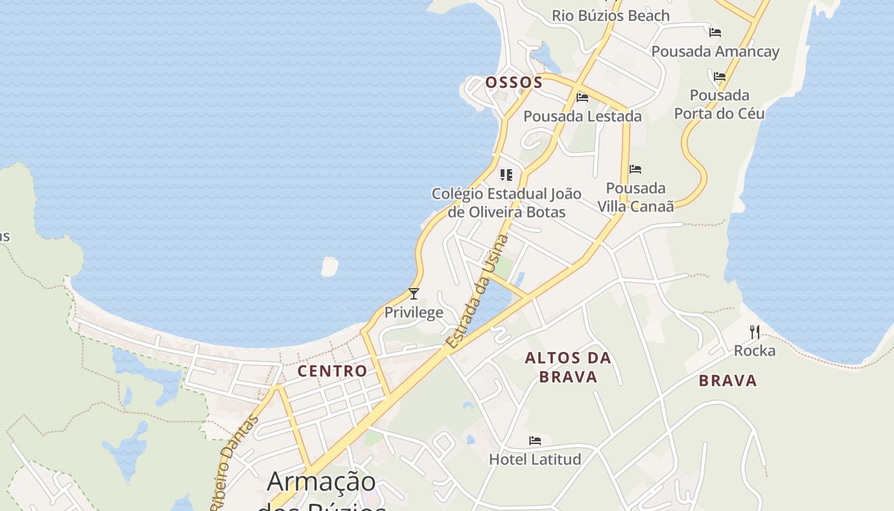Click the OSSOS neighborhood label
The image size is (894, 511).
(x=513, y=82)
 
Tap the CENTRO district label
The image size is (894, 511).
(x=332, y=371)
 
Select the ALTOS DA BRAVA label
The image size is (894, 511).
(x=568, y=367)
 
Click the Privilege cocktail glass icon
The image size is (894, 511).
(x=414, y=294)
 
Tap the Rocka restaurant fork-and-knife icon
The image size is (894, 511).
(x=755, y=332)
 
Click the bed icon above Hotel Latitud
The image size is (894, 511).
(x=535, y=441)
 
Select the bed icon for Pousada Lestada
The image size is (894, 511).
(x=582, y=98)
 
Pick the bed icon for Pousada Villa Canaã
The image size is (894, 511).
(x=635, y=169)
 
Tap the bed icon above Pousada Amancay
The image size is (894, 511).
(x=715, y=32)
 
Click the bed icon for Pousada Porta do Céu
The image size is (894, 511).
(x=720, y=77)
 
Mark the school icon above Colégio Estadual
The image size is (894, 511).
(x=506, y=174)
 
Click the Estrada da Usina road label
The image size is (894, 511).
(x=478, y=291)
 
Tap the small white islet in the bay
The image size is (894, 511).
(x=330, y=266)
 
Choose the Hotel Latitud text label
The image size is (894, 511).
(x=535, y=459)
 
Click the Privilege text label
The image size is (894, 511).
(x=414, y=312)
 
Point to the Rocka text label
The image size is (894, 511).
(x=755, y=351)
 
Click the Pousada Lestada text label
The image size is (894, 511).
(x=582, y=116)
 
